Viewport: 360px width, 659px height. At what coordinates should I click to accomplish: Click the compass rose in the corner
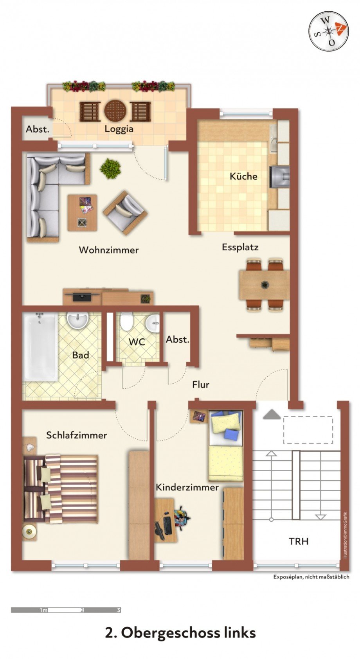[328, 31]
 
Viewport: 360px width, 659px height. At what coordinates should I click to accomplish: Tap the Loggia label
[119, 129]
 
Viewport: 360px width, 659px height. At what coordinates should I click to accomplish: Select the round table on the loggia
[115, 111]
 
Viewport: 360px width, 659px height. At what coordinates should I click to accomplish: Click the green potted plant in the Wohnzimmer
[110, 169]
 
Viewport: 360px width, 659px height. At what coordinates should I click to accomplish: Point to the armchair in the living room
[125, 212]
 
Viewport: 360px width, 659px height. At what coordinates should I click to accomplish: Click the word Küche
[243, 176]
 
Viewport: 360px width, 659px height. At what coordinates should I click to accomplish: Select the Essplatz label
[240, 247]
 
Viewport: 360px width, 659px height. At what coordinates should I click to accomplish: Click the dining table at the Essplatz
[264, 284]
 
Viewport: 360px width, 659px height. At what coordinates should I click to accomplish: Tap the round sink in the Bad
[78, 320]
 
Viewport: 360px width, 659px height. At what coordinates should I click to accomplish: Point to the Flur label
[200, 385]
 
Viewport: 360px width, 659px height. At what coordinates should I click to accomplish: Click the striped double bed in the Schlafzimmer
[67, 488]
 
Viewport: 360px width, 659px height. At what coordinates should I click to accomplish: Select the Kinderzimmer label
[187, 487]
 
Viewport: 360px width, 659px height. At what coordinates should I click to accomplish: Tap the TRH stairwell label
[299, 541]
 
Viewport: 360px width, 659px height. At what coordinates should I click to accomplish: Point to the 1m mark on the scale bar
[43, 610]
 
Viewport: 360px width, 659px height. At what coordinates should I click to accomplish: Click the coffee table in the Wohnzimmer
[82, 212]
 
